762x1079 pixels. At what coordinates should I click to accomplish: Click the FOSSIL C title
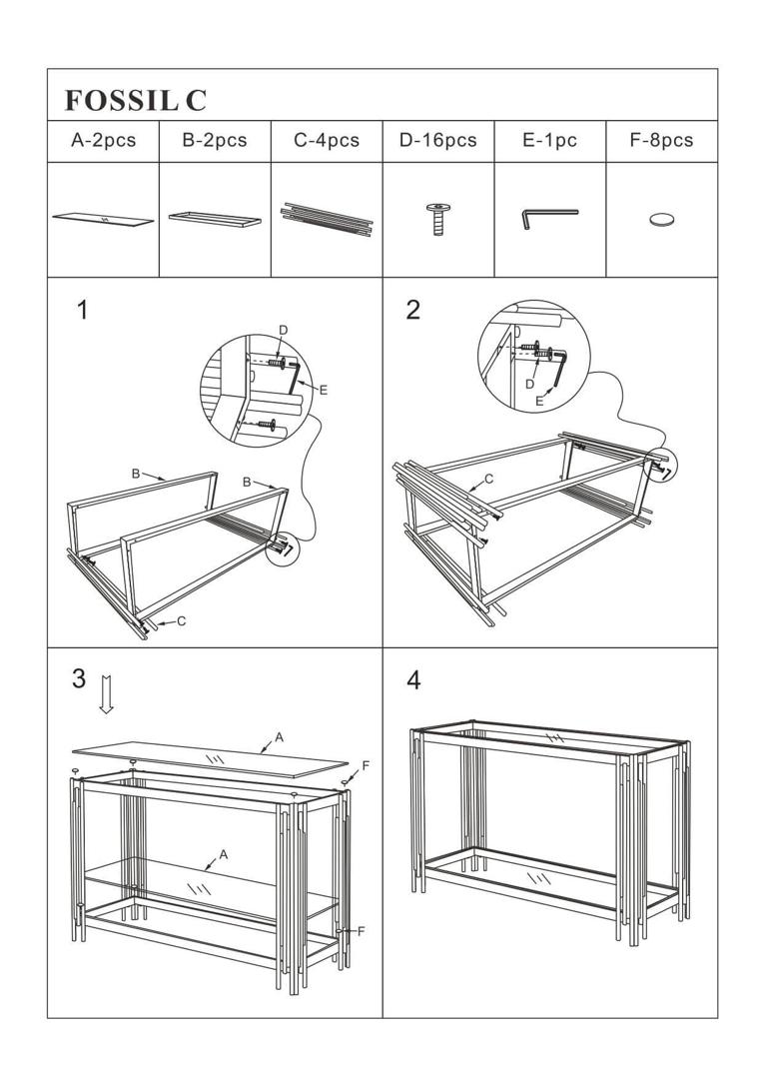[135, 100]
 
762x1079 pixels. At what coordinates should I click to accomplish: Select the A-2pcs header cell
[103, 141]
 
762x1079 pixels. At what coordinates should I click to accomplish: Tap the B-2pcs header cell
[215, 141]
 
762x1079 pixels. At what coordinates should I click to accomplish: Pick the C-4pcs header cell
[327, 141]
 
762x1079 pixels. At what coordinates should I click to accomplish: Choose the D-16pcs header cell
[438, 141]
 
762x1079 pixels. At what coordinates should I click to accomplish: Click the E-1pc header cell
[550, 141]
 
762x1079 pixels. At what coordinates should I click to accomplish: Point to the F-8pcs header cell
[661, 141]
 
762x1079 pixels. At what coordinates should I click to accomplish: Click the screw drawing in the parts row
[436, 218]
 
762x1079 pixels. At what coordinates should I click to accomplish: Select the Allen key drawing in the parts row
[548, 217]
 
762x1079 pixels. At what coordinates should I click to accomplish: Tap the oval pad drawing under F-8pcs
[661, 219]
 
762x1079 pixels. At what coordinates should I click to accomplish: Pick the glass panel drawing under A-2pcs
[103, 219]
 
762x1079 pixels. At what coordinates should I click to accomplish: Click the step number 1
[83, 310]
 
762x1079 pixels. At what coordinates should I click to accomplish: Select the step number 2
[413, 310]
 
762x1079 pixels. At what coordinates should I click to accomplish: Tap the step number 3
[79, 679]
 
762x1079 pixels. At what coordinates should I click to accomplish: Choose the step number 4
[413, 680]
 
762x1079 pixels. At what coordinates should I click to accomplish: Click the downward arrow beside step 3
[106, 694]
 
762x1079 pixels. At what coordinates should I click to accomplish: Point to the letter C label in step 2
[489, 480]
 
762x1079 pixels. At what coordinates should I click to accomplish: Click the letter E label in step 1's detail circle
[324, 390]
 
